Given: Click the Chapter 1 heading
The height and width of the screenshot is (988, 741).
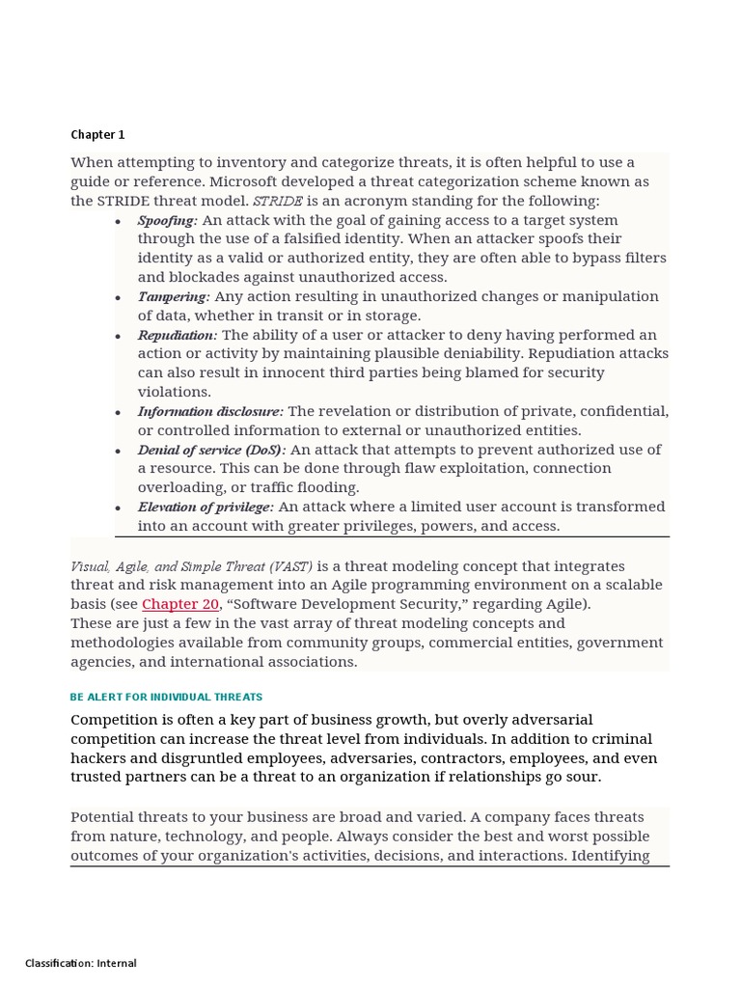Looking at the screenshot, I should [x=97, y=135].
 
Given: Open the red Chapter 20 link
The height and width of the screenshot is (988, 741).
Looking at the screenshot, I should [x=180, y=604].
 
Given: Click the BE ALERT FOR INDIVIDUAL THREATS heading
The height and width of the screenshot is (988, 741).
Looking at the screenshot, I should [x=166, y=697].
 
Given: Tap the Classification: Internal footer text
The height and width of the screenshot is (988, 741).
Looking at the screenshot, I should [x=81, y=963].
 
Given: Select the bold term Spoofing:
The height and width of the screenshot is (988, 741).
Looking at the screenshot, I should [x=167, y=220].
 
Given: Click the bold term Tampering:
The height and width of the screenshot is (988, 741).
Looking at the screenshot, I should [x=173, y=297].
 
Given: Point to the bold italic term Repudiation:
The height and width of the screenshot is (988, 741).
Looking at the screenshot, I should [x=178, y=335].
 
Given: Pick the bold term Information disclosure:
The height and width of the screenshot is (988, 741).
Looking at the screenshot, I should [x=210, y=412].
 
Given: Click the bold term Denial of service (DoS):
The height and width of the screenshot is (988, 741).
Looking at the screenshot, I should [x=211, y=450].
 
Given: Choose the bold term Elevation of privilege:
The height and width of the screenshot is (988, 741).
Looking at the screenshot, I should [x=206, y=508].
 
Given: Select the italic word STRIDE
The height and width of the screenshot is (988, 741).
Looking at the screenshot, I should [x=277, y=201].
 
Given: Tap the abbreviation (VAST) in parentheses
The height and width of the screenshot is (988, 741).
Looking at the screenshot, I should [x=292, y=566].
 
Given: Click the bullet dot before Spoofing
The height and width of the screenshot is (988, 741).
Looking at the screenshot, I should [x=118, y=222].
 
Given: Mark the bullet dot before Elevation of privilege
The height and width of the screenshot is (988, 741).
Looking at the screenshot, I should [x=118, y=508].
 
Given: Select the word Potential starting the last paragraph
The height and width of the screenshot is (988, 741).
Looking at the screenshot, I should [x=104, y=817].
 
